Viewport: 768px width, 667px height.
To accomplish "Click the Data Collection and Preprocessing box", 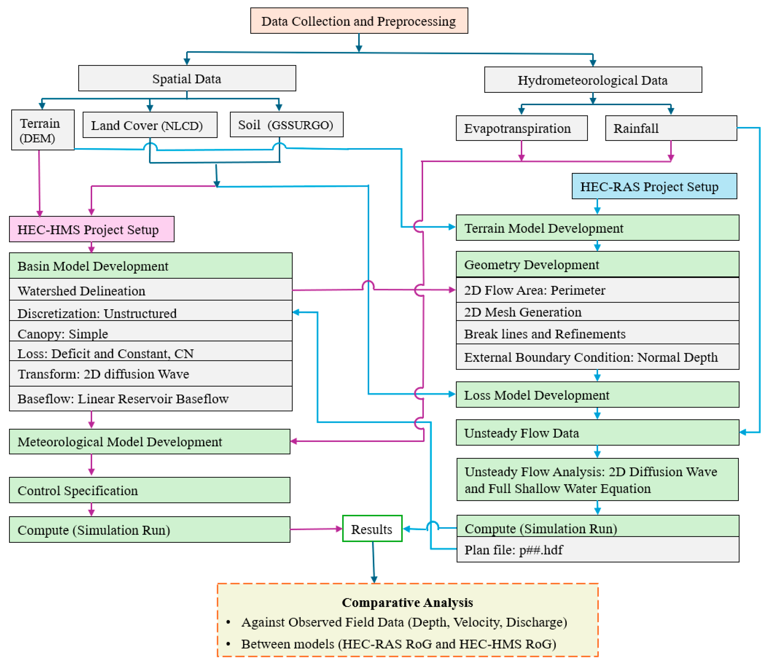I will (359, 21).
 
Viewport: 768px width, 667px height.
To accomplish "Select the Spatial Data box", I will (187, 78).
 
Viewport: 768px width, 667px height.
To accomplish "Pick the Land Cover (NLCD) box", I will (150, 125).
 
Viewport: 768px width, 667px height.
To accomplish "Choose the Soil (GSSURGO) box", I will (286, 125).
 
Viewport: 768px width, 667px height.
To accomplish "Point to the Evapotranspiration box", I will (521, 129).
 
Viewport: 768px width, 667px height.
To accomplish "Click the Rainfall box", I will (671, 129).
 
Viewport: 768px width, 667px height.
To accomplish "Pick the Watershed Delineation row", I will (150, 290).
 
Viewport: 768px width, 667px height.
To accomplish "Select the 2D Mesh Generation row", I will (597, 312).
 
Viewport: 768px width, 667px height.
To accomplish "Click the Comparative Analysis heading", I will (407, 602).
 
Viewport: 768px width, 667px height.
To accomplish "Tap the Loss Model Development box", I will (597, 395).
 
